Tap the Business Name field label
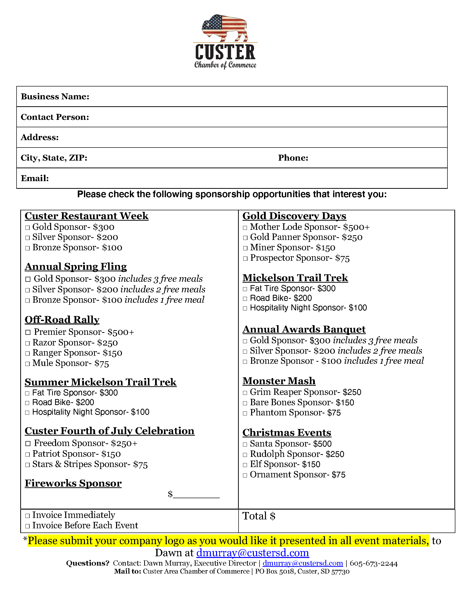point(55,97)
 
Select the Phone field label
point(293,158)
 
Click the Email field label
point(35,178)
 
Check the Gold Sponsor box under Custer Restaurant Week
point(27,228)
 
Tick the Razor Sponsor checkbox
point(27,343)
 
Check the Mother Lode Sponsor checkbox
point(245,228)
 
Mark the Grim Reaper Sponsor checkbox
point(245,393)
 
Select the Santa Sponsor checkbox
point(245,444)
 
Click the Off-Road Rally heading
point(62,320)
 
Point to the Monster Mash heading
point(279,381)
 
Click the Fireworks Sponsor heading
point(73,484)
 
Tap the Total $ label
point(259,516)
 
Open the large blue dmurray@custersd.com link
point(253,553)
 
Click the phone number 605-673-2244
point(373,563)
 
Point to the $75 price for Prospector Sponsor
point(343,258)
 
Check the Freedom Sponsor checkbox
point(28,444)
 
